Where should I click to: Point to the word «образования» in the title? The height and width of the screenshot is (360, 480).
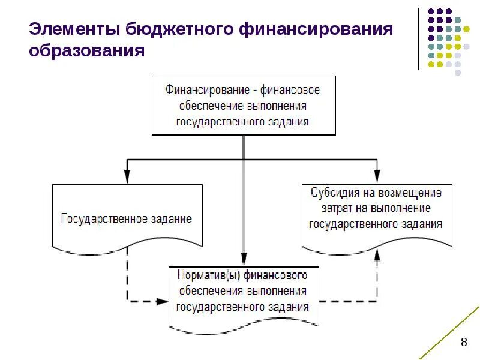point(87,51)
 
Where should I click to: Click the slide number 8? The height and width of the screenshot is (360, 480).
point(463,343)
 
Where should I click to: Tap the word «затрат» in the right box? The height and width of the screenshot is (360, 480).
point(337,209)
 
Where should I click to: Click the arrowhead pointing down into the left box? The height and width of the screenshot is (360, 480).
point(127,176)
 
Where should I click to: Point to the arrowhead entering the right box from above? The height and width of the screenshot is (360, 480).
point(377,176)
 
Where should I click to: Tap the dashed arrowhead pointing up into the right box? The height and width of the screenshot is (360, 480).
point(377,254)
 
